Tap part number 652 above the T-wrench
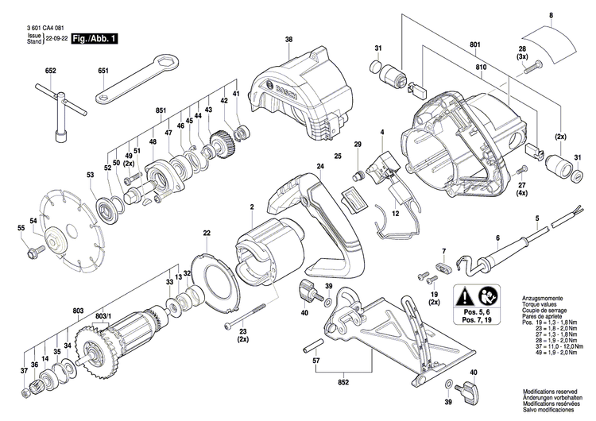[x=51, y=71]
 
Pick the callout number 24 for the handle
[x=320, y=166]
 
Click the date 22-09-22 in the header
[x=56, y=39]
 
